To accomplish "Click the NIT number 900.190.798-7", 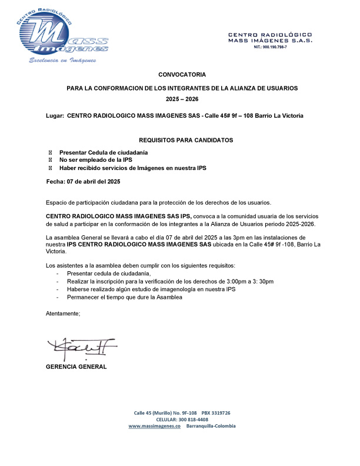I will coord(270,46).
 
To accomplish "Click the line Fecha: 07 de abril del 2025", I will coord(83,181).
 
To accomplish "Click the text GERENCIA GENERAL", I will coord(76,367).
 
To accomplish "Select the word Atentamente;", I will coord(63,314).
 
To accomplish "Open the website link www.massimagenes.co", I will coord(154,425).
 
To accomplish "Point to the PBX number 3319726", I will coord(220,413).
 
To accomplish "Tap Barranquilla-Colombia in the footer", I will coord(211,425).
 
